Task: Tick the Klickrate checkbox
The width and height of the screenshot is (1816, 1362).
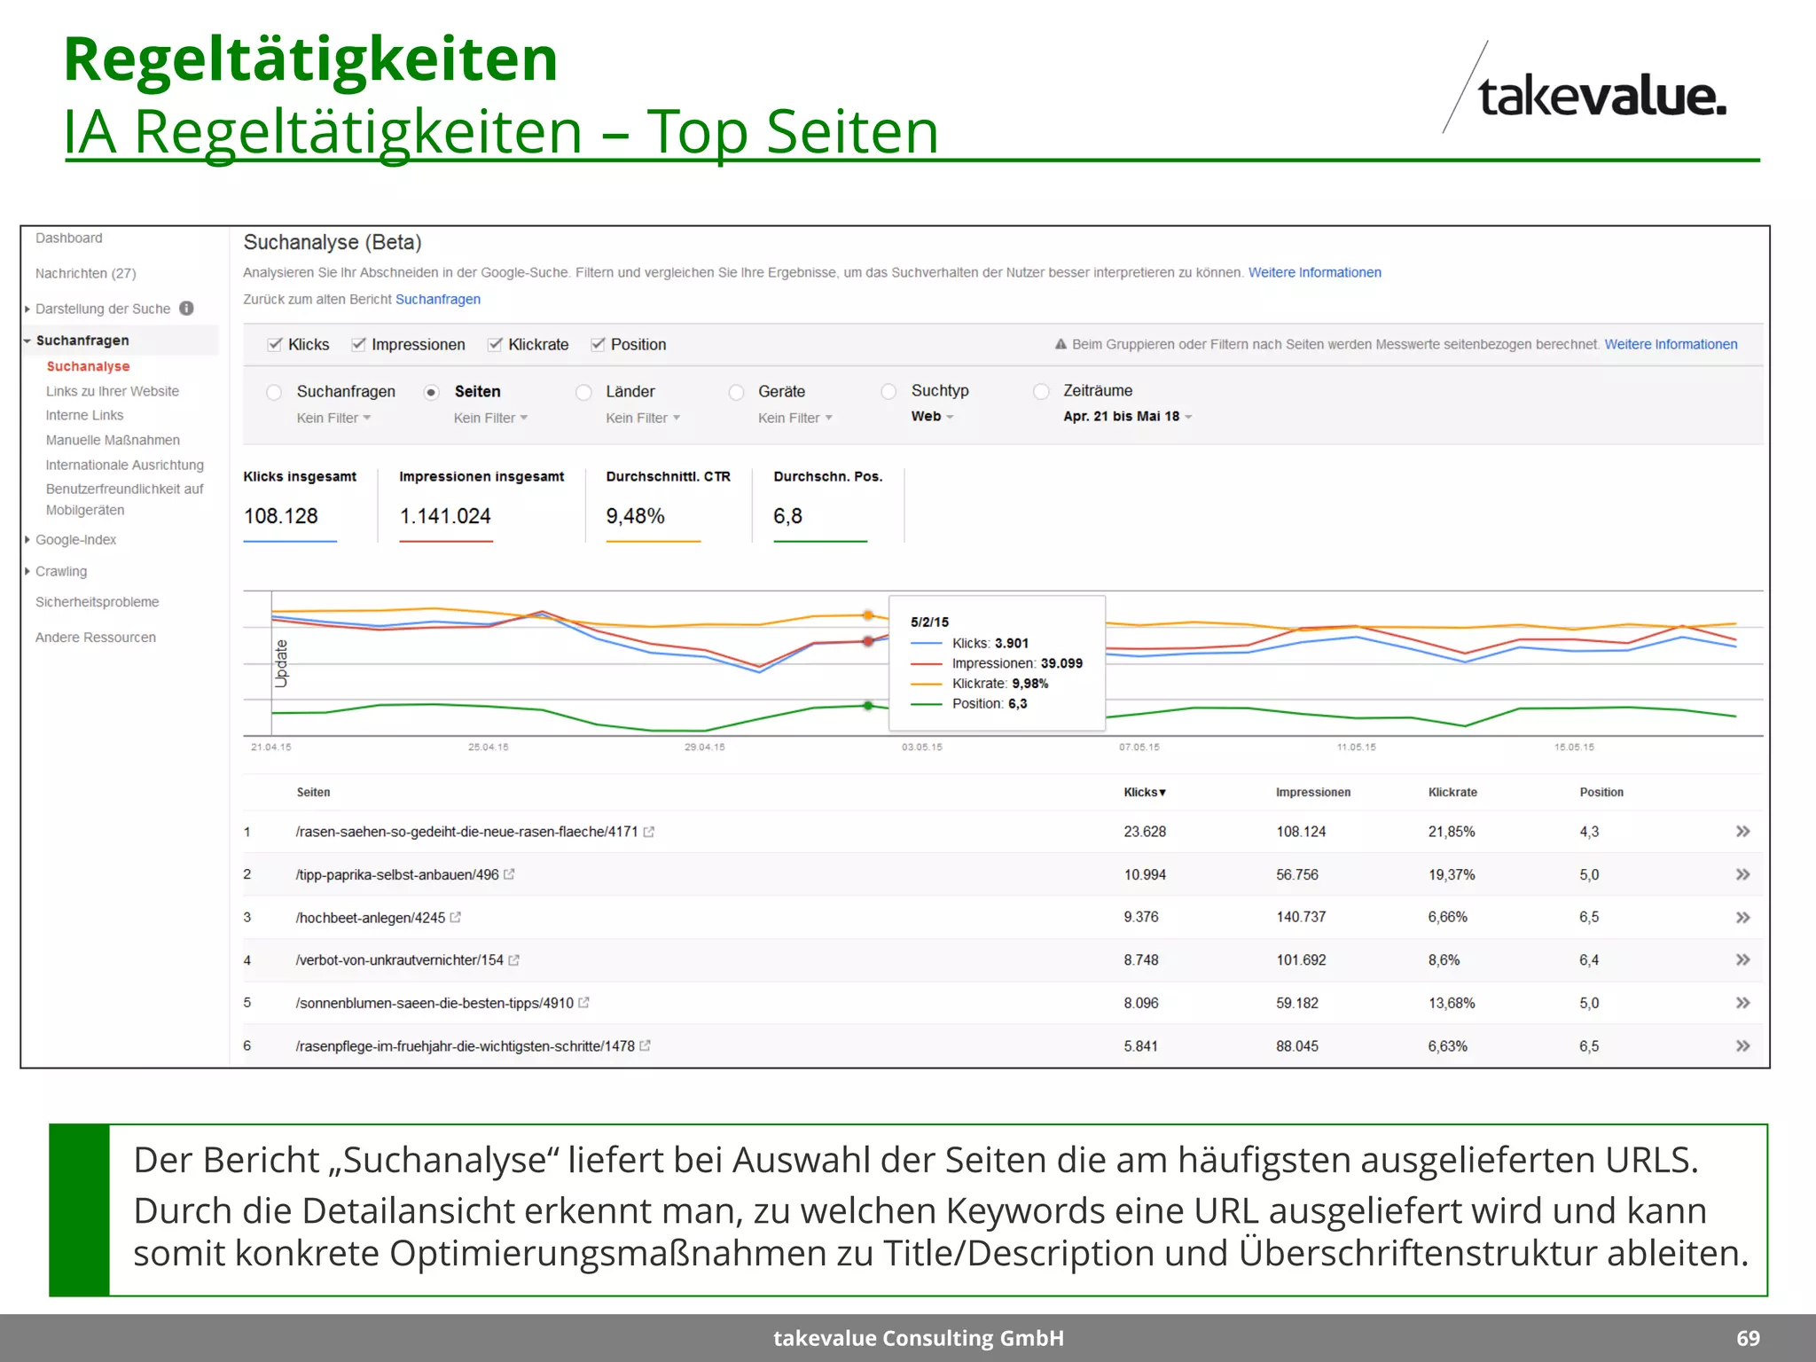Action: tap(496, 344)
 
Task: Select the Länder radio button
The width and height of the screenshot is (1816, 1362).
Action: tap(583, 392)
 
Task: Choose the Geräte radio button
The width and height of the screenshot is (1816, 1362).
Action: tap(736, 392)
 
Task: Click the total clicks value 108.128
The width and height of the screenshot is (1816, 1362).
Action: tap(281, 516)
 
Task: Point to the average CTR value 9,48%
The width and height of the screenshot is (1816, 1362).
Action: tap(635, 516)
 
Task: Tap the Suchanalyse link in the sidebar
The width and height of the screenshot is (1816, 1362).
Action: tap(88, 366)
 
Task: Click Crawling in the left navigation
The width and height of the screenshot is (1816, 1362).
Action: tap(61, 571)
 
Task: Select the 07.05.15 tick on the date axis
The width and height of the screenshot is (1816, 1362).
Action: tap(1139, 747)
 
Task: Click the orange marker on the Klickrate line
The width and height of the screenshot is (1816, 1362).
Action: tap(868, 614)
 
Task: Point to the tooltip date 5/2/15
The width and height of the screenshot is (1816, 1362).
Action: tap(929, 622)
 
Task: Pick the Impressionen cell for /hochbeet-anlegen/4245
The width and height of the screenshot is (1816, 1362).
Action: tap(1301, 917)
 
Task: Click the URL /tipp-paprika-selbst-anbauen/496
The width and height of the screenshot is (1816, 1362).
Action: tap(397, 874)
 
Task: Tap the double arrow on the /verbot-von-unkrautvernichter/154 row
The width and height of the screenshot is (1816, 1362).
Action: tap(1742, 959)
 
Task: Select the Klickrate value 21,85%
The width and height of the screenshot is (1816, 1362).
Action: tap(1451, 832)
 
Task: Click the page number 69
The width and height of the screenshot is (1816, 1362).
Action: tap(1748, 1338)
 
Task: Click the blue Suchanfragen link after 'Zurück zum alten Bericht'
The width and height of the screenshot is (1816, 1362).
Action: tap(438, 299)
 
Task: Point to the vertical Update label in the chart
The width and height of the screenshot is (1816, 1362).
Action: tap(282, 663)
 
